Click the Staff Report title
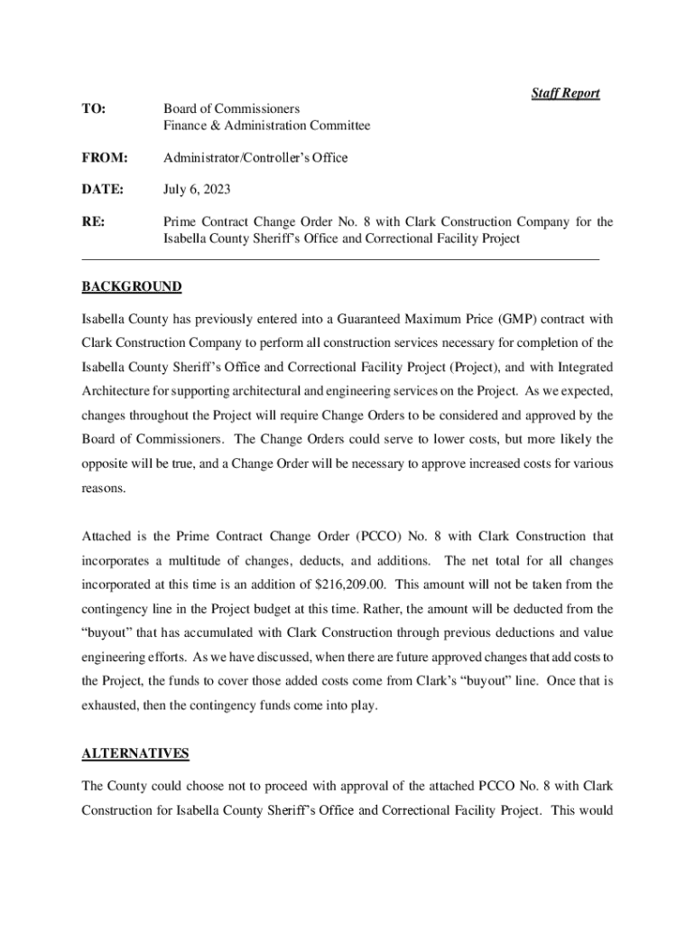(x=565, y=93)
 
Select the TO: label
(x=93, y=109)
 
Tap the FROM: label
(x=105, y=158)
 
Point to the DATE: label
(x=104, y=190)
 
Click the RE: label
(x=93, y=222)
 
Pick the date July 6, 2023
(x=197, y=190)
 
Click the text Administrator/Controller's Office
(x=255, y=158)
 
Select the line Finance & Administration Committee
(x=266, y=126)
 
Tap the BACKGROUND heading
(x=132, y=287)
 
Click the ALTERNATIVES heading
(x=135, y=753)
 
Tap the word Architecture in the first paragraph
(x=116, y=392)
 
